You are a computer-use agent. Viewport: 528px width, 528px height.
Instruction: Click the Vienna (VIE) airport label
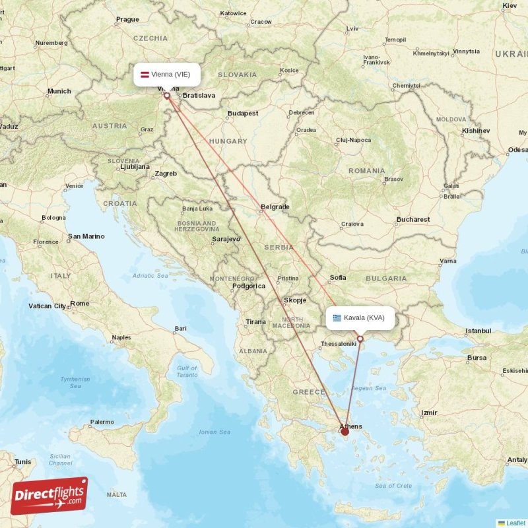[x=167, y=75]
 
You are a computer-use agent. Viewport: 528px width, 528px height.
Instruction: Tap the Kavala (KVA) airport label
[x=360, y=317]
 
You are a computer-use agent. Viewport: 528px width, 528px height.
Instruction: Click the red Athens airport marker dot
[x=345, y=432]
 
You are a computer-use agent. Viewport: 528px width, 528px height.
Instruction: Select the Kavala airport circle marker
[x=360, y=339]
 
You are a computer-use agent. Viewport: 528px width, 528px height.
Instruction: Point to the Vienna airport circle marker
[x=167, y=96]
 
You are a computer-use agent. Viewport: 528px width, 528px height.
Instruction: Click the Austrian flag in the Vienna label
[x=145, y=75]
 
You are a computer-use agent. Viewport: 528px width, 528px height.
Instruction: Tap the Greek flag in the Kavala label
[x=337, y=317]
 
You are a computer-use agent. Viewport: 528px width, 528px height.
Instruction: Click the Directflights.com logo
[x=49, y=495]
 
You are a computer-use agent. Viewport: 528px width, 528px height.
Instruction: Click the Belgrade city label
[x=275, y=207]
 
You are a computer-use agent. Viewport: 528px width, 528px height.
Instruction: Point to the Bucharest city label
[x=413, y=219]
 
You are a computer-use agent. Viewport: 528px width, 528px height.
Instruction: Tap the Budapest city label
[x=243, y=114]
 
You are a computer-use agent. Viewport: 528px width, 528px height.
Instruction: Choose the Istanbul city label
[x=478, y=330]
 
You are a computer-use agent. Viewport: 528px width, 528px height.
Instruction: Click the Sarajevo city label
[x=226, y=239]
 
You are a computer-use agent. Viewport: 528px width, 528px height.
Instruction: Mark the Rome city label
[x=79, y=304]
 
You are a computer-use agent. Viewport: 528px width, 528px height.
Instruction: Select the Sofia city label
[x=337, y=277]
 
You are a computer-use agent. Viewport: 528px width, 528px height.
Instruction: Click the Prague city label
[x=127, y=20]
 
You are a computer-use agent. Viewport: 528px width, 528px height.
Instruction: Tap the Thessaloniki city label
[x=338, y=344]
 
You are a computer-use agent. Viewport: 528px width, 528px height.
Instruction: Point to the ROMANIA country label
[x=366, y=171]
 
